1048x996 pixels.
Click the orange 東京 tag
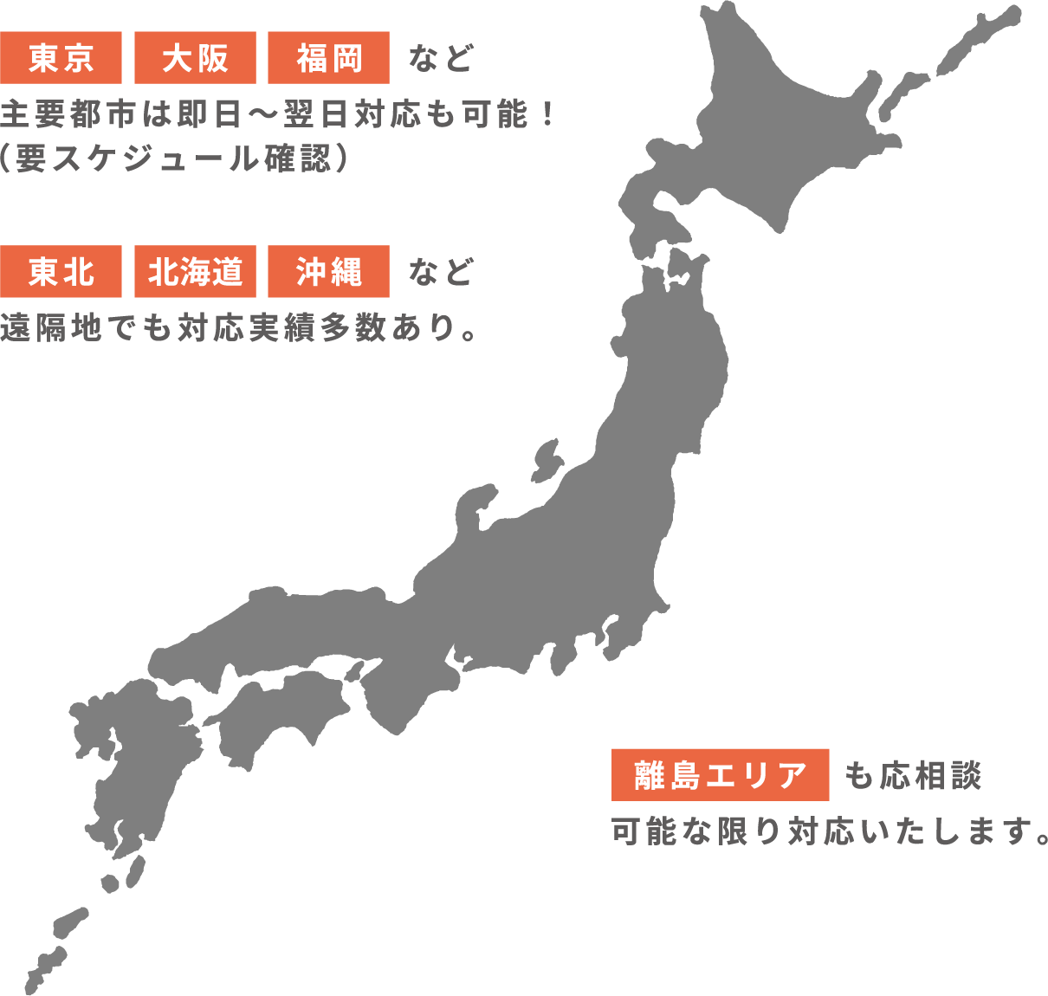tap(61, 58)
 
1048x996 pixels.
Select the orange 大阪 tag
tap(195, 58)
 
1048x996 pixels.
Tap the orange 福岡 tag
tap(328, 58)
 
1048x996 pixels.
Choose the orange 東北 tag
tap(61, 272)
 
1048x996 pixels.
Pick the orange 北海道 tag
tap(195, 272)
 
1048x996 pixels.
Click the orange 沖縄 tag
tap(328, 272)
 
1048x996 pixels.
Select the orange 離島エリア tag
tap(720, 774)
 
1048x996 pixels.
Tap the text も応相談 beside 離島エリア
tap(913, 775)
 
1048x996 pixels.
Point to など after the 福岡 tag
tap(441, 59)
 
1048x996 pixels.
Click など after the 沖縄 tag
tap(441, 273)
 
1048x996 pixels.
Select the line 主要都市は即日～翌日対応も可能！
tap(277, 113)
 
